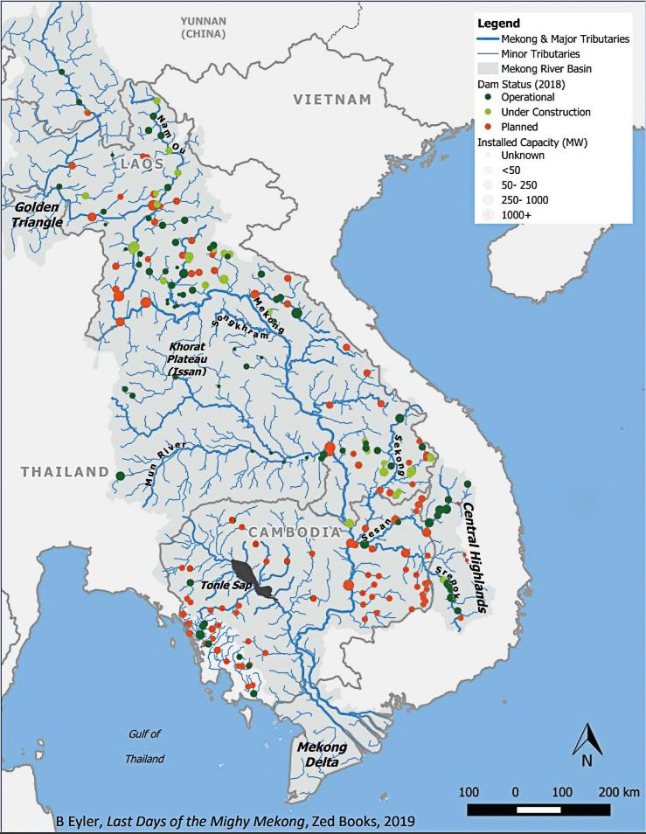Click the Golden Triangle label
(x=38, y=215)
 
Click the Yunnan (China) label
(x=202, y=26)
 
